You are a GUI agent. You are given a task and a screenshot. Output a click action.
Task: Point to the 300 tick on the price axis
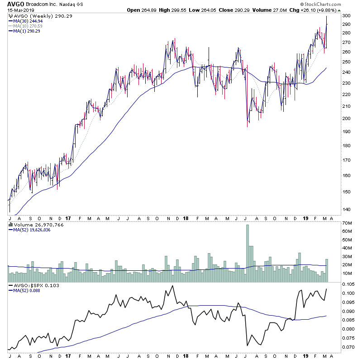346,15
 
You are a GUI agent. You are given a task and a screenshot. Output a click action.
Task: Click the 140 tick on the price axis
346,209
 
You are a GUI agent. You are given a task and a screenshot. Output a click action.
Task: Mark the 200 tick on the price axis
346,119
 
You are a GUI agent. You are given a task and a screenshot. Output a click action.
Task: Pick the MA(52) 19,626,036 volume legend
34,229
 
